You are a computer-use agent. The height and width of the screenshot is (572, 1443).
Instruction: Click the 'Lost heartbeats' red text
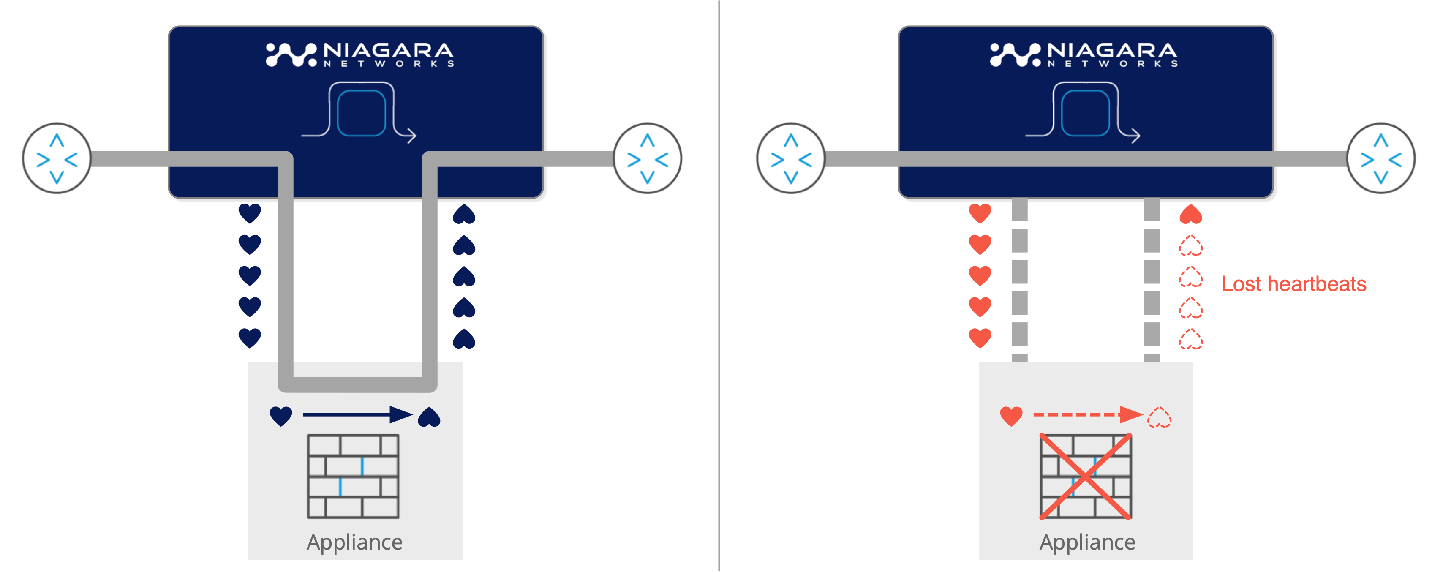(1293, 284)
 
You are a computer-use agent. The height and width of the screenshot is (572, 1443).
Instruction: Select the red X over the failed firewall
(1086, 476)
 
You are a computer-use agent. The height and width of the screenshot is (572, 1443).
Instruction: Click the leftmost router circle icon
(57, 158)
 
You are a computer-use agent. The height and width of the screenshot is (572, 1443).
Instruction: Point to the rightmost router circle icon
(1381, 158)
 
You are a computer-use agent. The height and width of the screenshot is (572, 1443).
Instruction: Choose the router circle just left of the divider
(648, 158)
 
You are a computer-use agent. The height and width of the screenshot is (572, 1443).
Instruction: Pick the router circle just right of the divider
(790, 158)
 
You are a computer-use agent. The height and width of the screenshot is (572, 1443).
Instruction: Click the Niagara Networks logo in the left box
(359, 55)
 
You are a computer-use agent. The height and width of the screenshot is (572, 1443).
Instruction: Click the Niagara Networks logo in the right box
(1084, 55)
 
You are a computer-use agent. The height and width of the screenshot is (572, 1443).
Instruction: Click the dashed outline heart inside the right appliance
(1159, 417)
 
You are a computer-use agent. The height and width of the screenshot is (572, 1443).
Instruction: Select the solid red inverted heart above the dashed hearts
(1190, 214)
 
